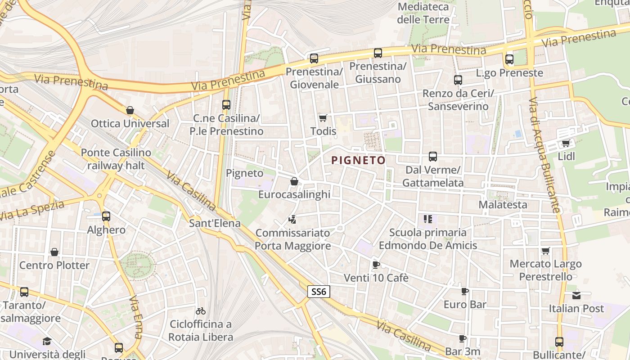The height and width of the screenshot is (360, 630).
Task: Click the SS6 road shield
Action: click(319, 292)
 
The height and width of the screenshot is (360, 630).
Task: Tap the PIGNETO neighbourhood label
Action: click(358, 160)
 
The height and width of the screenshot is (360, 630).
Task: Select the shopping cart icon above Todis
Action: click(323, 118)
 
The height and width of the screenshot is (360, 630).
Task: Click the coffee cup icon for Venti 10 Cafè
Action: click(376, 265)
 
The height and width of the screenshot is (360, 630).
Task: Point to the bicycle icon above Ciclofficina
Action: click(201, 311)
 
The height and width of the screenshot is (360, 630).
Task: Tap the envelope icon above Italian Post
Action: click(576, 296)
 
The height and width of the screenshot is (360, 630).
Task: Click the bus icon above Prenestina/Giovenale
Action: click(314, 58)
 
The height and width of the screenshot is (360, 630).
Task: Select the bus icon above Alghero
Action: click(106, 216)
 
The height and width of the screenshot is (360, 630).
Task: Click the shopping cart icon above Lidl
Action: click(566, 144)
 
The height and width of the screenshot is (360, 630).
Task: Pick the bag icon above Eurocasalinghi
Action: click(294, 181)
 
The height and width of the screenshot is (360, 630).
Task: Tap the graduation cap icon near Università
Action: click(47, 341)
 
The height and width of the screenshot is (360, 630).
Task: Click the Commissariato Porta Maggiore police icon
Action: click(292, 220)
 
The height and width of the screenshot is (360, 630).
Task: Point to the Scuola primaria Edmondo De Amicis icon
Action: click(427, 219)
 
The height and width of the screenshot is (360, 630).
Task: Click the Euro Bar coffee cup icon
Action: click(465, 291)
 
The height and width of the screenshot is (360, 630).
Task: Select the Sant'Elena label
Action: click(215, 223)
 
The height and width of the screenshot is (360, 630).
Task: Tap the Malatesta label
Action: click(503, 205)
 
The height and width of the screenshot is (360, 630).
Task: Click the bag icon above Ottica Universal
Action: click(130, 110)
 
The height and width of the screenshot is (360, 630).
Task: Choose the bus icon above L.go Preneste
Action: click(509, 59)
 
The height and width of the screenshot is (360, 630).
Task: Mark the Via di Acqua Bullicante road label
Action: click(545, 155)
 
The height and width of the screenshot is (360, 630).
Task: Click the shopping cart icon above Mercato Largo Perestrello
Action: click(546, 251)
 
